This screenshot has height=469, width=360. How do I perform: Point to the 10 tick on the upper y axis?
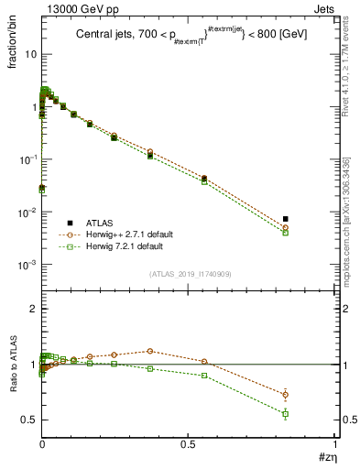[30, 54]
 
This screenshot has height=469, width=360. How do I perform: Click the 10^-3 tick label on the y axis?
[28, 265]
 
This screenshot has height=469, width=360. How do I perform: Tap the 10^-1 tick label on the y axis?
[28, 159]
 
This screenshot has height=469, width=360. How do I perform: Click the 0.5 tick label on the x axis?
[189, 445]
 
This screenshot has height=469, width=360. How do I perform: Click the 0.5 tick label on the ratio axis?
[30, 420]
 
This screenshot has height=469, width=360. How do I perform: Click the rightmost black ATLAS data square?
[285, 219]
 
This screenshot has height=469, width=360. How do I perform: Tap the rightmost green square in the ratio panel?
[285, 414]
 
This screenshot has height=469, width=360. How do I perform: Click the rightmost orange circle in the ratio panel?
[285, 394]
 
